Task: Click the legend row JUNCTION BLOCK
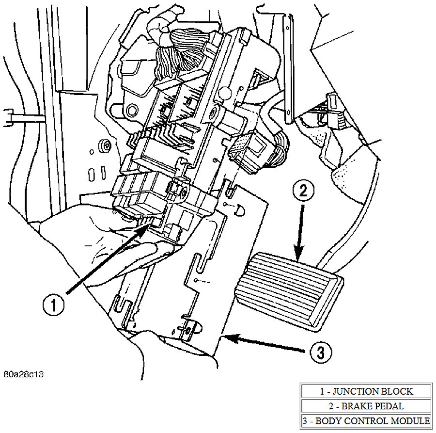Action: pos(366,391)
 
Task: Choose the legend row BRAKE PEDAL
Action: pos(366,406)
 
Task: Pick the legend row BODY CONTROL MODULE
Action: pos(366,420)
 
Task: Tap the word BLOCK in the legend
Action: pos(396,391)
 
